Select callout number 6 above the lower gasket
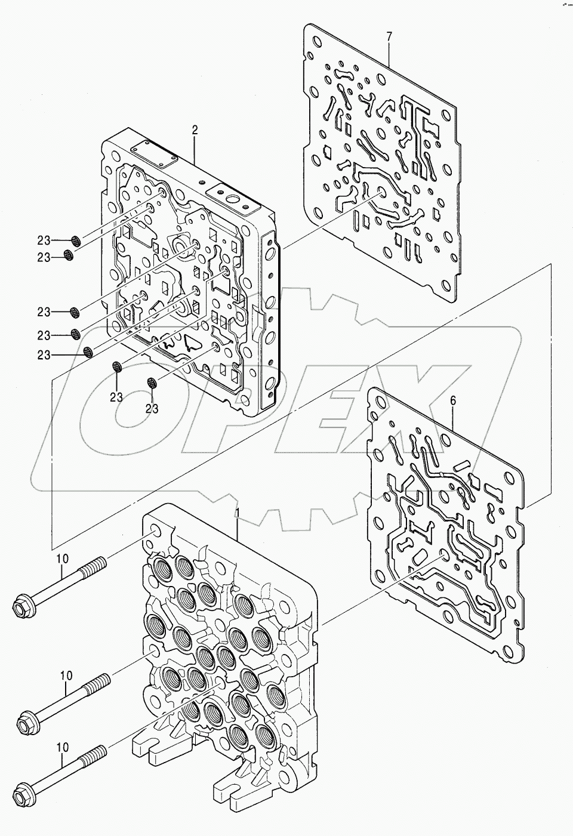452,401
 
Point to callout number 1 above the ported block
238,514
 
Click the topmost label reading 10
63,559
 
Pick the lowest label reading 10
63,747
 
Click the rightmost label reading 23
152,409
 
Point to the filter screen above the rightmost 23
152,383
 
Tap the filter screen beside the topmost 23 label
76,240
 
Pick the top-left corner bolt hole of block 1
155,533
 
